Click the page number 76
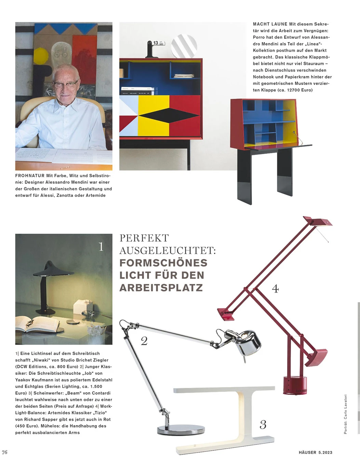click(x=5, y=452)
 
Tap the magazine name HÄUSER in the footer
click(x=307, y=452)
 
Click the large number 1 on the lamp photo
click(x=101, y=246)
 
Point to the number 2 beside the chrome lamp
click(x=144, y=341)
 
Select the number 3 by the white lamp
click(x=263, y=425)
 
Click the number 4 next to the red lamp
click(x=275, y=288)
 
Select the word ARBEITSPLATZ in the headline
click(x=161, y=288)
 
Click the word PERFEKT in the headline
click(x=144, y=238)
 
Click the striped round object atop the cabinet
click(x=184, y=47)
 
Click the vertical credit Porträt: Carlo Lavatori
click(x=345, y=414)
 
